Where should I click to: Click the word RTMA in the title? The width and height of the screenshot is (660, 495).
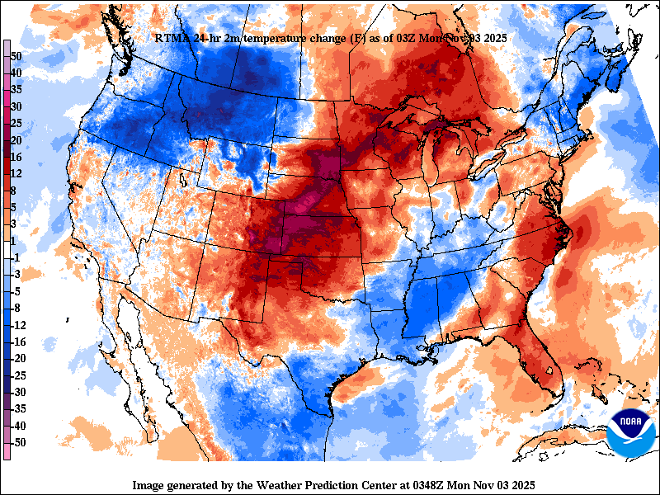pyautogui.click(x=171, y=38)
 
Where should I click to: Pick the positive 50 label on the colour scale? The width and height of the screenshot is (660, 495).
pyautogui.click(x=16, y=55)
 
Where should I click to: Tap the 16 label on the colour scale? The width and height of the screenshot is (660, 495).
pyautogui.click(x=16, y=157)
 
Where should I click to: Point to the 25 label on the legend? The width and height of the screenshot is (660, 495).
pyautogui.click(x=16, y=123)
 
